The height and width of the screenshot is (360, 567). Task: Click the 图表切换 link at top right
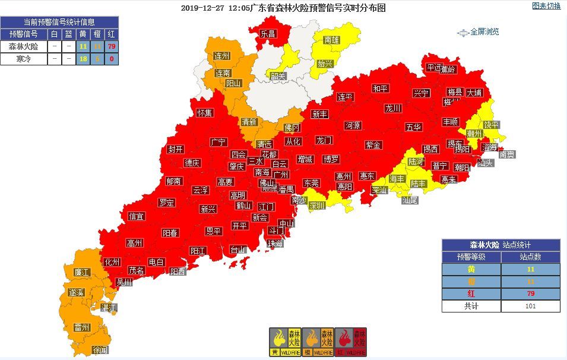[x=546, y=7]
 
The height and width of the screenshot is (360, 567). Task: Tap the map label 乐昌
[x=268, y=34]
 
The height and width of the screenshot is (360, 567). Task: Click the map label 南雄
[x=332, y=40]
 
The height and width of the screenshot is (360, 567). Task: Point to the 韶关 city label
[x=278, y=76]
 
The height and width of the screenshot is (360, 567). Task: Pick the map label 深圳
[x=317, y=206]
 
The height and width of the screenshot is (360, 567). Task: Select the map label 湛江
[x=109, y=307]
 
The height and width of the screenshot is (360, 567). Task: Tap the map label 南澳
[x=506, y=154]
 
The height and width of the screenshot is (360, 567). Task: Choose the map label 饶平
[x=491, y=125]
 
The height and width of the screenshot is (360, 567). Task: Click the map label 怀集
[x=204, y=112]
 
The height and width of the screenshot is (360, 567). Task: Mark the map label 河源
[x=353, y=125]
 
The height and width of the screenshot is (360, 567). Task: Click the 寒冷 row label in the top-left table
[x=24, y=59]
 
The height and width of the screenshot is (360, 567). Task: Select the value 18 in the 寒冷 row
[x=83, y=59]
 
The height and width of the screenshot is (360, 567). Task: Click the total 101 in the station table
[x=530, y=306]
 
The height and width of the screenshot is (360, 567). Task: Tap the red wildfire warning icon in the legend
[x=351, y=342]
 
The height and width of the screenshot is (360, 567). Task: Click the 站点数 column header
[x=530, y=257]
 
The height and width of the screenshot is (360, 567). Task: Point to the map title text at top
[x=283, y=8]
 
